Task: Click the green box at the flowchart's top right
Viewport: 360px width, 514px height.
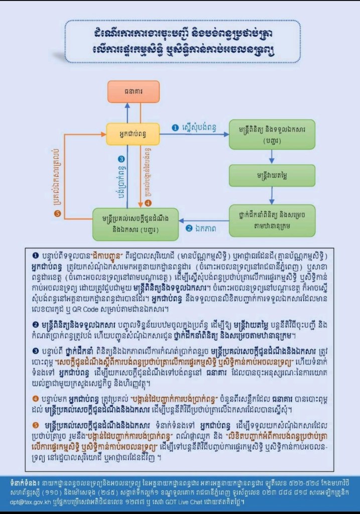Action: tap(272, 134)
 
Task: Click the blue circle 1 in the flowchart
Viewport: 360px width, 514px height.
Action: tap(175, 128)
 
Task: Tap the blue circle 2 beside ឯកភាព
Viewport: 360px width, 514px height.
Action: tap(189, 228)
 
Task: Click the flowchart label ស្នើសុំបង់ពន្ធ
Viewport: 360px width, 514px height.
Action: tap(200, 128)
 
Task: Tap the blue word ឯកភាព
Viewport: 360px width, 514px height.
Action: tap(207, 228)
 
